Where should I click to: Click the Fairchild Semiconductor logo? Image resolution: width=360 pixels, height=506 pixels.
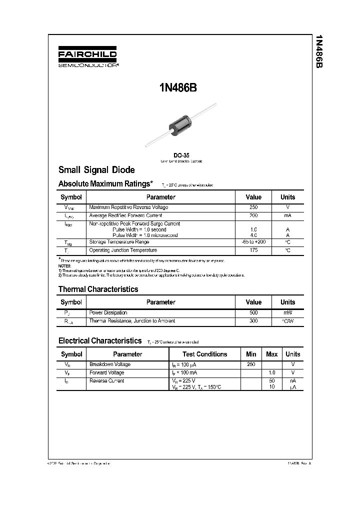click(x=87, y=58)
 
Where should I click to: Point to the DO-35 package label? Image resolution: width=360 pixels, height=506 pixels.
click(x=181, y=155)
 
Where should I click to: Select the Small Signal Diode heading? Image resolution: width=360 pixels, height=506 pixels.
click(x=96, y=170)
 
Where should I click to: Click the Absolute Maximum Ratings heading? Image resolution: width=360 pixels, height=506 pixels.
click(x=105, y=184)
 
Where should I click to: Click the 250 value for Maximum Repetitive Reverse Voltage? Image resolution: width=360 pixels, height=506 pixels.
click(x=253, y=207)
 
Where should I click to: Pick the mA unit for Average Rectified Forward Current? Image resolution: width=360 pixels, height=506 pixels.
click(x=287, y=215)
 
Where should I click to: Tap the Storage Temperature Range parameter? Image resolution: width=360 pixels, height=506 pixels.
click(x=119, y=242)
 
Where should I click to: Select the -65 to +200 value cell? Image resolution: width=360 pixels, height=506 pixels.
click(x=253, y=242)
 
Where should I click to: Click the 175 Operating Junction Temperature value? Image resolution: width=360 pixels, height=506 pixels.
click(x=253, y=250)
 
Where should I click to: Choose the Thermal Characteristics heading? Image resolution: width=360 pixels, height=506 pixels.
click(x=98, y=289)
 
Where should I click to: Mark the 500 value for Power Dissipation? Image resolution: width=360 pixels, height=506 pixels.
click(x=253, y=312)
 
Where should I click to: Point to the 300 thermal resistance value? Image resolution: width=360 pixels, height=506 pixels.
click(x=253, y=321)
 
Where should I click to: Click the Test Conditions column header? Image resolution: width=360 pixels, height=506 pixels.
click(x=204, y=354)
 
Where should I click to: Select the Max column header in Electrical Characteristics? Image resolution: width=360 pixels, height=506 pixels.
click(x=271, y=354)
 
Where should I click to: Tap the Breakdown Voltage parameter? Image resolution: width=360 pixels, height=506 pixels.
click(x=109, y=364)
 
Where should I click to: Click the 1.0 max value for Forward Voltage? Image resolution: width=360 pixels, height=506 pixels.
click(x=272, y=372)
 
